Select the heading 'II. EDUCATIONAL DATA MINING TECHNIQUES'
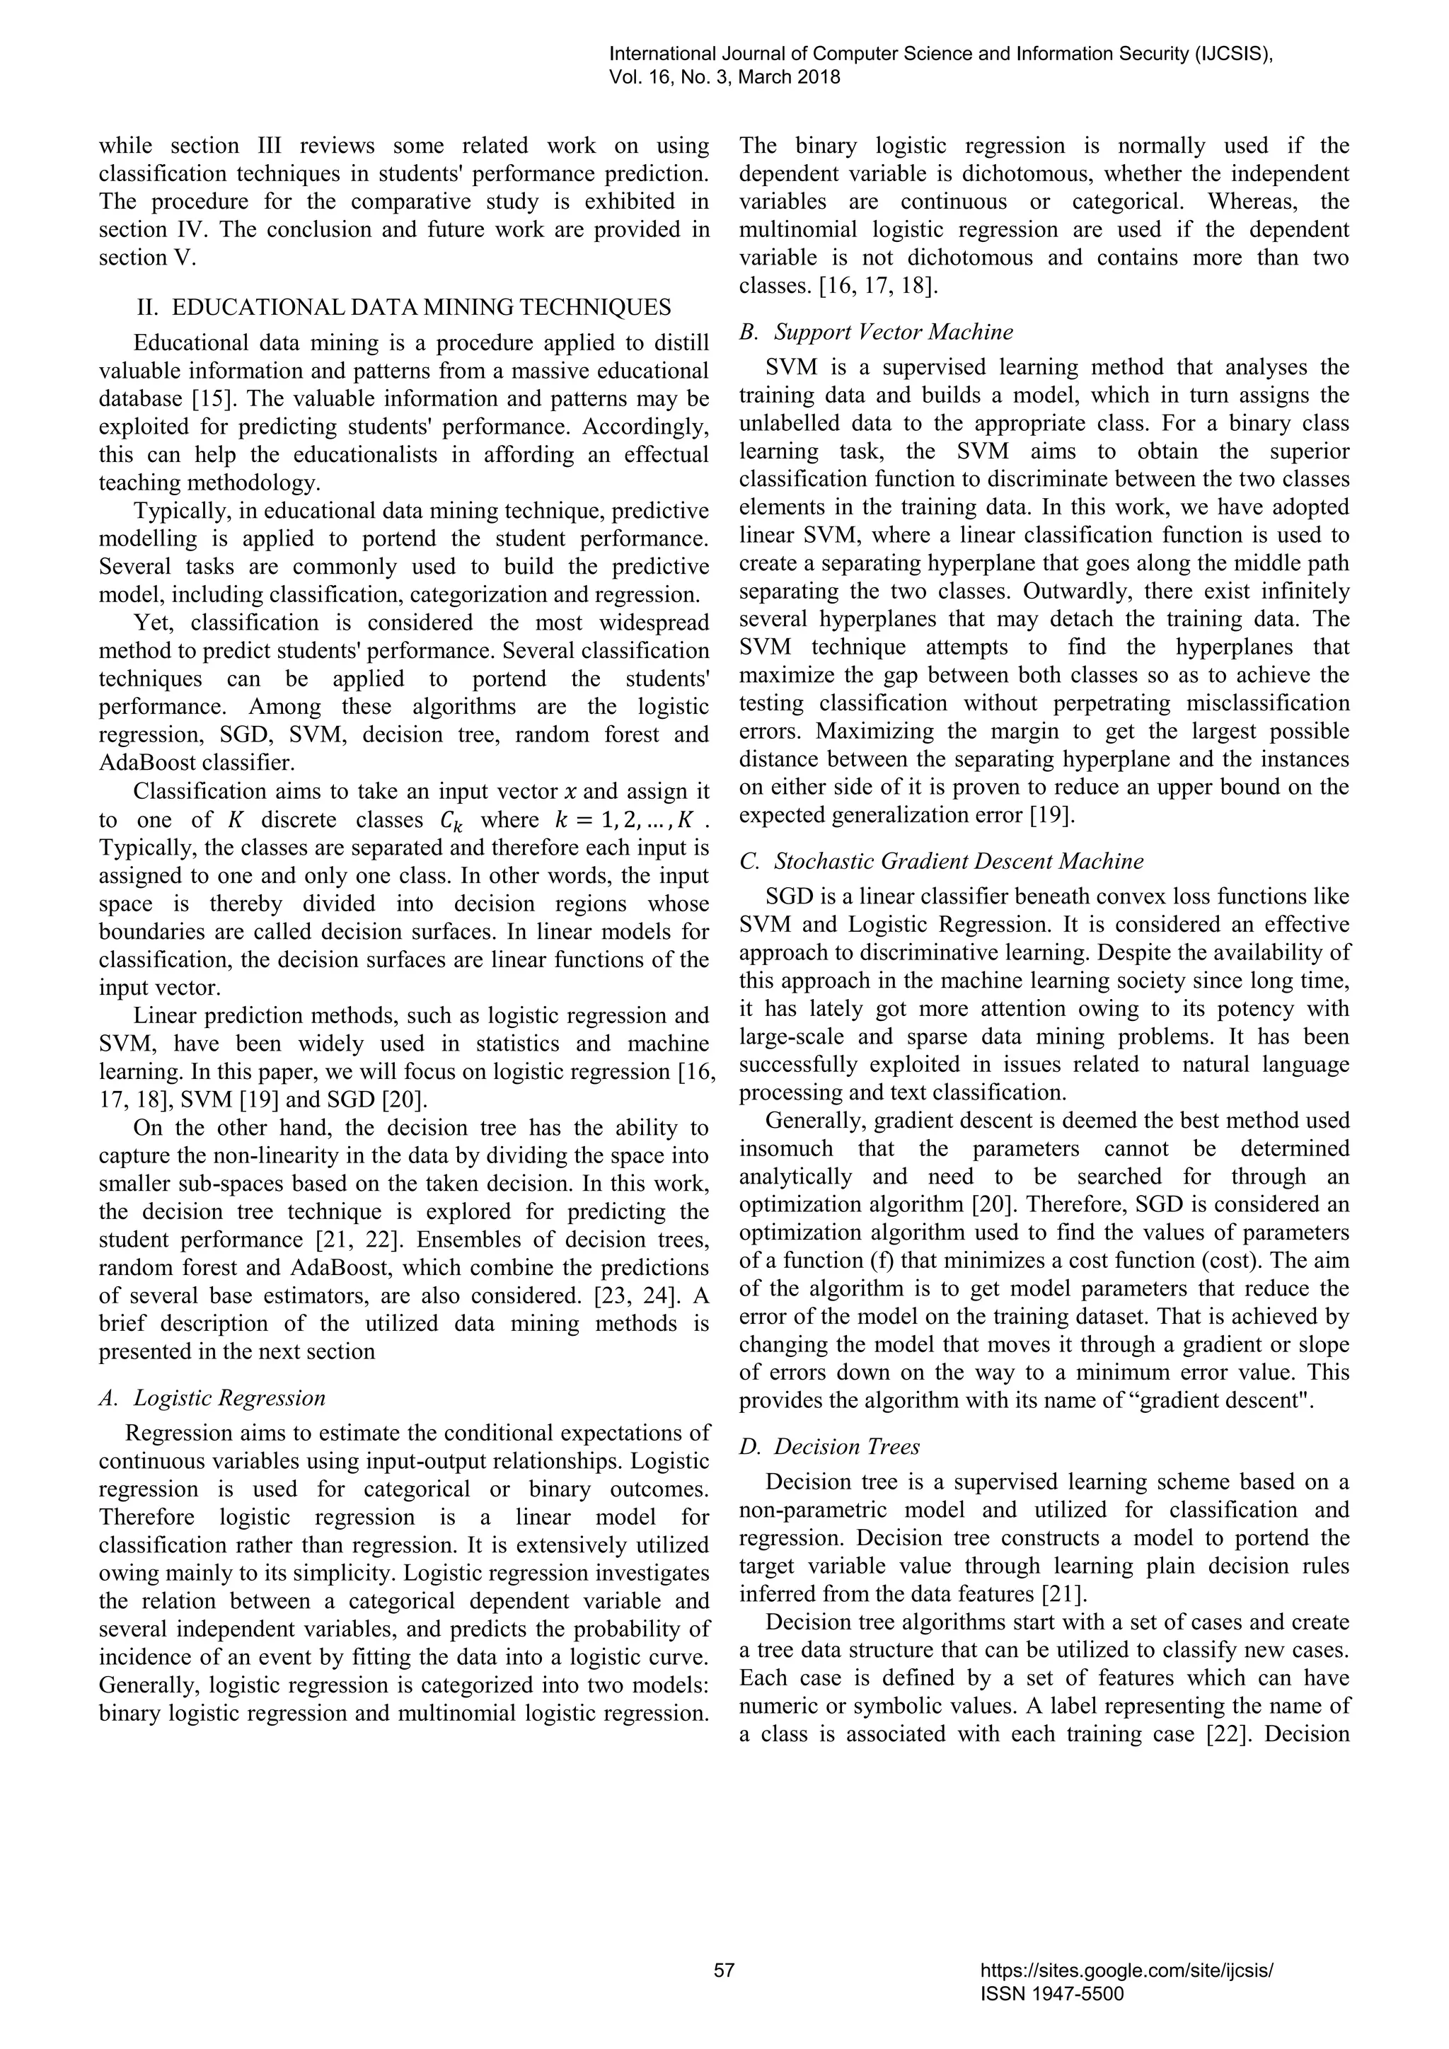[x=404, y=307]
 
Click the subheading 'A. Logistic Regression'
[x=212, y=1397]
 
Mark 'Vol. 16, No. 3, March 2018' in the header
[x=724, y=78]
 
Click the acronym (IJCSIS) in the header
[x=1233, y=54]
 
